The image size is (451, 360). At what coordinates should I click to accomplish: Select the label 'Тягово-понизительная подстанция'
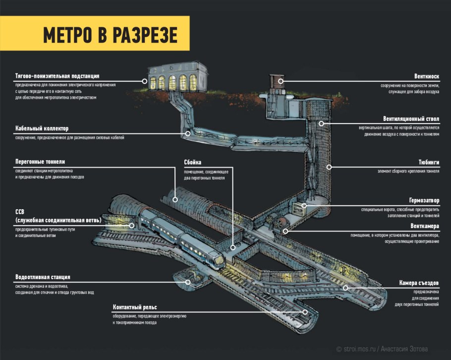click(57, 76)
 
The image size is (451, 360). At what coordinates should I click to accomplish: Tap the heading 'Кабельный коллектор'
click(45, 128)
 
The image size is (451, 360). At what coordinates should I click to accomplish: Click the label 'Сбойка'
click(192, 162)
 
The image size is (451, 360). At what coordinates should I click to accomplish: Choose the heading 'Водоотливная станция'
click(42, 277)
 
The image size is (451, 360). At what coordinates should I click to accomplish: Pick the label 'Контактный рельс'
click(135, 306)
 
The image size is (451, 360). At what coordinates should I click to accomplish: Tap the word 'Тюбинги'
click(429, 162)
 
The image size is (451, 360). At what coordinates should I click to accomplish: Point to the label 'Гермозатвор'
click(423, 201)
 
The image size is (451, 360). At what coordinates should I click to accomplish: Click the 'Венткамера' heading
click(425, 226)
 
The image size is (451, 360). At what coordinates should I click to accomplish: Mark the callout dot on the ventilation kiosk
click(281, 80)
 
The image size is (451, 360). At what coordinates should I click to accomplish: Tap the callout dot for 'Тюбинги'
click(329, 167)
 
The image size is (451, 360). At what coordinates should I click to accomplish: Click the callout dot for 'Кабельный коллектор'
click(188, 133)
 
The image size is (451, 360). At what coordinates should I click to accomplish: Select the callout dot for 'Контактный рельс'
click(305, 312)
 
